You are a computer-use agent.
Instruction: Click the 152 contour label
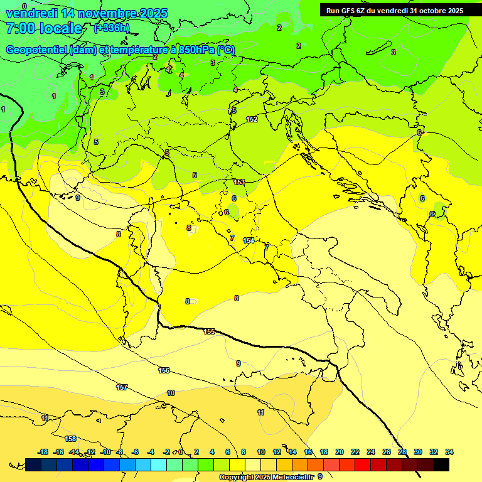tap(252, 119)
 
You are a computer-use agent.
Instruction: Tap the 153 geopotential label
tap(239, 182)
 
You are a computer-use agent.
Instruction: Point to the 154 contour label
tap(249, 240)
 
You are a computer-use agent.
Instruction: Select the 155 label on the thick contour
tap(210, 331)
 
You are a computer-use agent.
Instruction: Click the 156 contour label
tap(164, 370)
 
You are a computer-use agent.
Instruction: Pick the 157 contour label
tap(122, 387)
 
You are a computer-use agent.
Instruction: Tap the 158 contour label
tap(71, 438)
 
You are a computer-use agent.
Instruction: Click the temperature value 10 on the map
tap(171, 393)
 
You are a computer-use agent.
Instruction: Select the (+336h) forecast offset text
tap(111, 28)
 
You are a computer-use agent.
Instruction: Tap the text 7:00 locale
tap(44, 28)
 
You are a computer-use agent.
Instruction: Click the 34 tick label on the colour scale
tap(449, 452)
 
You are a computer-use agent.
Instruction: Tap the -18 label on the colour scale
tap(43, 452)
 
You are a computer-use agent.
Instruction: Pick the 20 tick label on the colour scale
tap(340, 452)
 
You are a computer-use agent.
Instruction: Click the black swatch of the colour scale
tap(441, 464)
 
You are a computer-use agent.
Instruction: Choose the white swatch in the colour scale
tap(254, 464)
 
